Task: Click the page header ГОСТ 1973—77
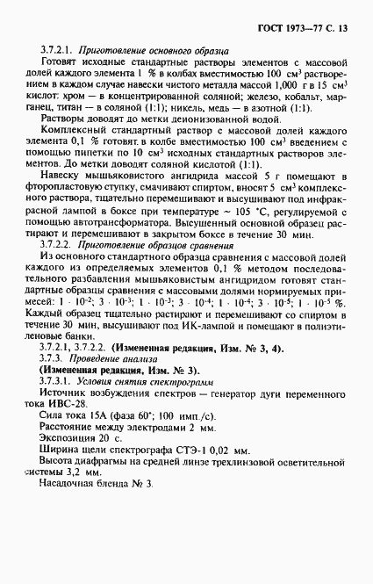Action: point(302,27)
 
